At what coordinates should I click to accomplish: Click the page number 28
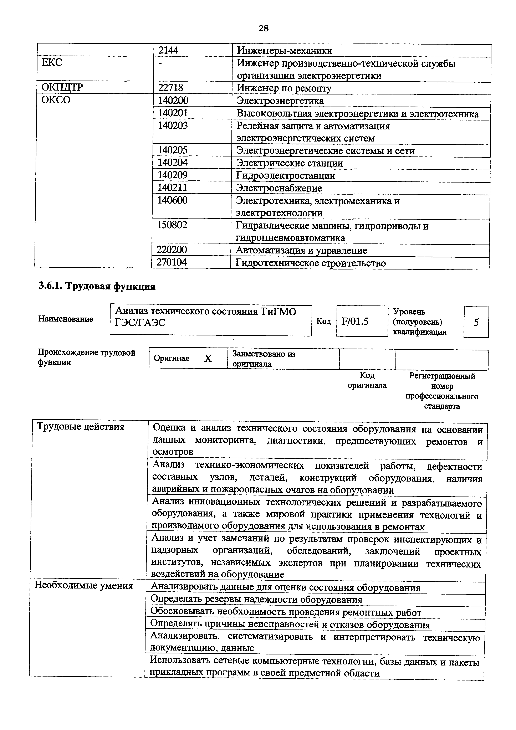(x=264, y=28)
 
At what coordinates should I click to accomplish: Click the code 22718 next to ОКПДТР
(x=171, y=88)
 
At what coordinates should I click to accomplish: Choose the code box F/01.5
(x=355, y=322)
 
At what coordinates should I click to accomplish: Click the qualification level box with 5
(x=476, y=322)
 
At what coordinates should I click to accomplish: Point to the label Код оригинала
(x=367, y=381)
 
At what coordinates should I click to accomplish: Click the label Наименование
(x=66, y=319)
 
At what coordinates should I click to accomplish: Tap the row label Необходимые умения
(x=84, y=586)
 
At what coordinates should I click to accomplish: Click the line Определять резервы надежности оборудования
(x=256, y=600)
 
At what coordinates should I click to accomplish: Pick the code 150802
(x=172, y=225)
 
